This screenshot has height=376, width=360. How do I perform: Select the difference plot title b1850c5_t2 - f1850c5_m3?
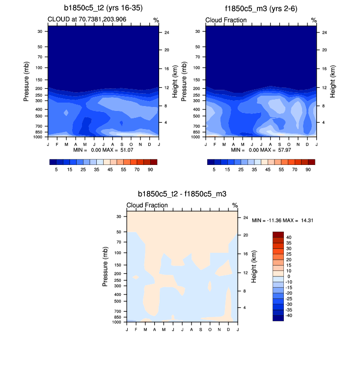182,194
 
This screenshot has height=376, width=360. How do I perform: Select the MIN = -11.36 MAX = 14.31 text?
282,220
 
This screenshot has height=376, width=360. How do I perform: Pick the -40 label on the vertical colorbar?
290,316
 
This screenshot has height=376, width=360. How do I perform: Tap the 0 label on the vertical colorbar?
289,276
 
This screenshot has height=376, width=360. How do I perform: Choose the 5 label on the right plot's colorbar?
214,169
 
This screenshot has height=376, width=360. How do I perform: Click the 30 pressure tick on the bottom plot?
119,216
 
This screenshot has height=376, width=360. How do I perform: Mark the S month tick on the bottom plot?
201,328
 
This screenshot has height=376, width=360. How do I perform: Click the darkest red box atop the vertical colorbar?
278,235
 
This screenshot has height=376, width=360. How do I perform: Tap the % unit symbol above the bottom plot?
235,205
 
